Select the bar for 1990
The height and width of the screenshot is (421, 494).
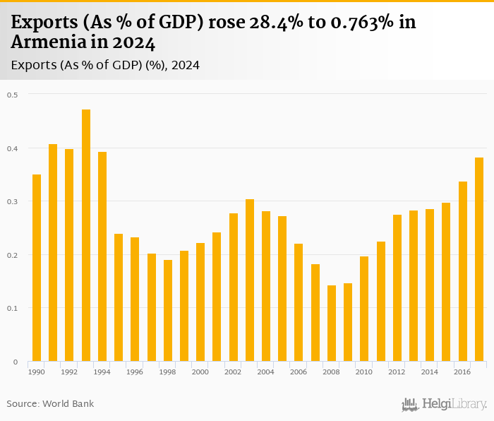coord(37,268)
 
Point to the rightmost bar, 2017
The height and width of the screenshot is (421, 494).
coord(479,259)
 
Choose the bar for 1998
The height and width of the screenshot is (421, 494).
coord(168,311)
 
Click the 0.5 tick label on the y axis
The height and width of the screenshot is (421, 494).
coord(13,95)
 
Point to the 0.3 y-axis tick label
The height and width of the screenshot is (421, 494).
coord(13,201)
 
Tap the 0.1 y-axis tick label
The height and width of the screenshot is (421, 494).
coord(13,308)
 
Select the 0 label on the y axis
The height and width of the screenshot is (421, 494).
coord(15,362)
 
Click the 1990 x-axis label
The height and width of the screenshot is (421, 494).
coord(37,372)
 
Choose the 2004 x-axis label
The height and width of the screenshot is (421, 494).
coord(266,372)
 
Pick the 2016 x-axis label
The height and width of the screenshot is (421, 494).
coord(463,372)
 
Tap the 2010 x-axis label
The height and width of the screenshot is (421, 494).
coord(364,372)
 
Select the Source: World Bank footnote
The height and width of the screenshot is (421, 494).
coord(50,404)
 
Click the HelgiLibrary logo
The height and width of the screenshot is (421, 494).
coord(445,404)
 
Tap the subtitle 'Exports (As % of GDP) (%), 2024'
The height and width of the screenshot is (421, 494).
coord(105,65)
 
